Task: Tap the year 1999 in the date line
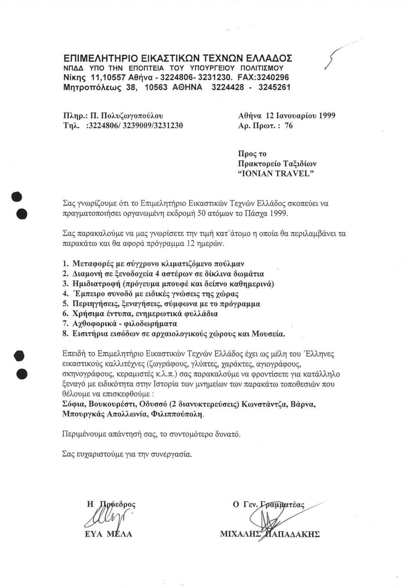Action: click(x=324, y=115)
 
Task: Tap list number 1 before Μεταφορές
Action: click(x=65, y=264)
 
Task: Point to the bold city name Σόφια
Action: click(x=75, y=404)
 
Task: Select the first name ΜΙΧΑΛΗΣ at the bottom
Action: click(x=241, y=534)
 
